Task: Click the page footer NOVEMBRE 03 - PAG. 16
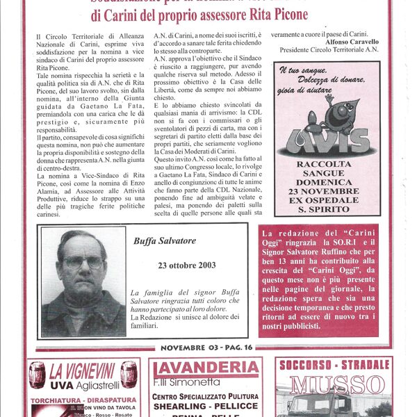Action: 207,347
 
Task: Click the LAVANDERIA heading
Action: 206,368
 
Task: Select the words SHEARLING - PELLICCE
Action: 206,407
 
